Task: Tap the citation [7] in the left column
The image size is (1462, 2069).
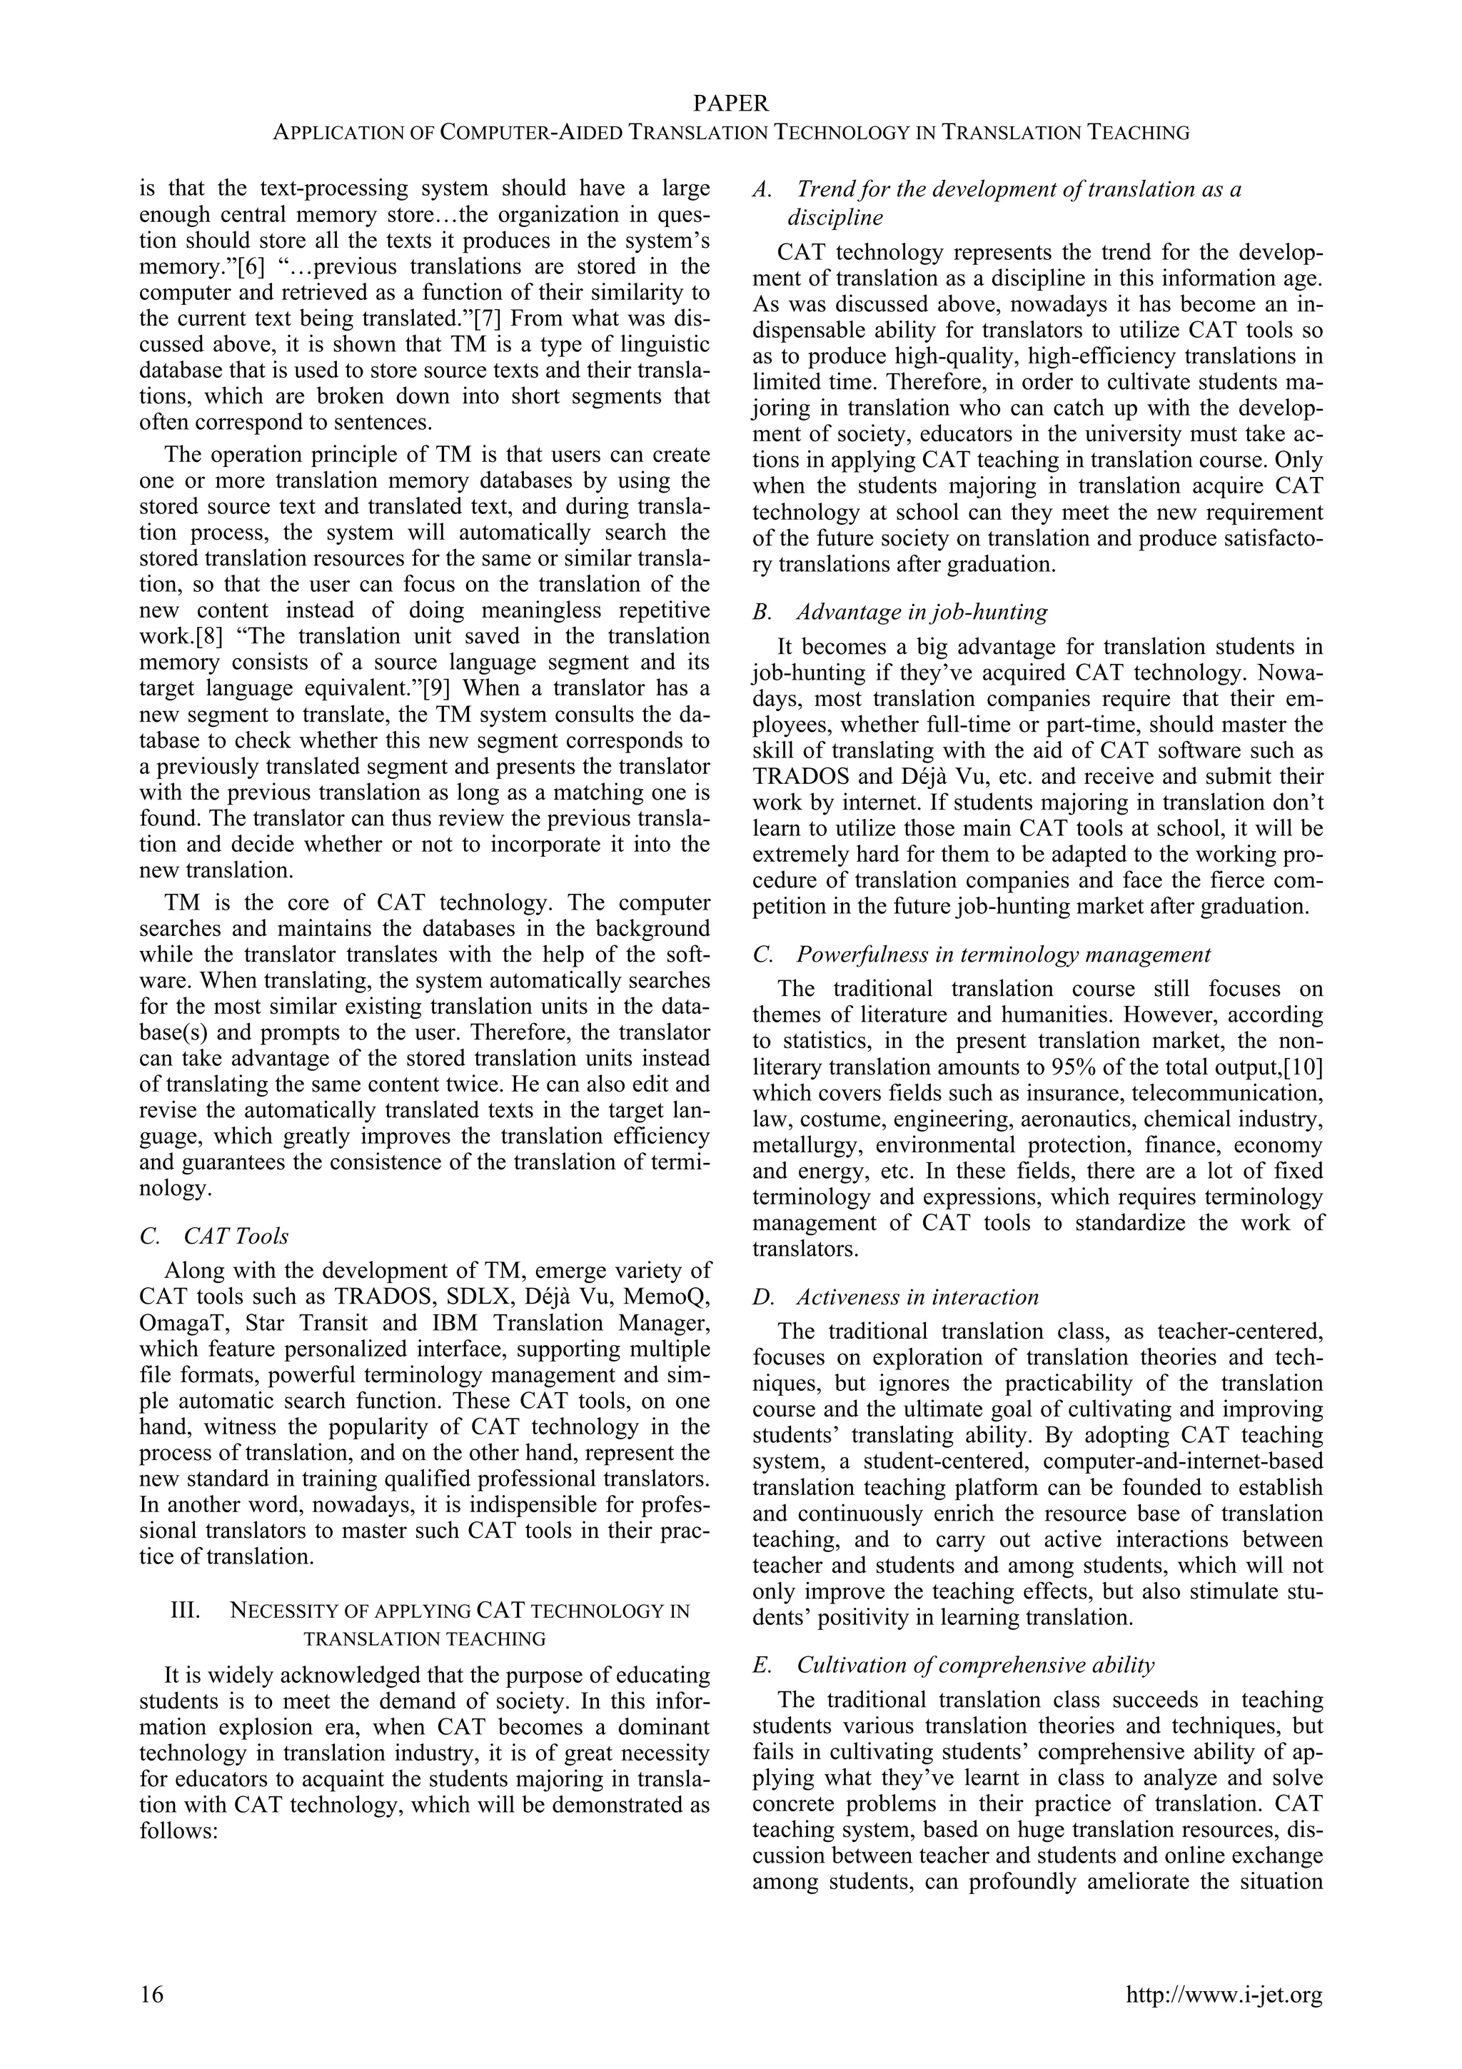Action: pyautogui.click(x=488, y=319)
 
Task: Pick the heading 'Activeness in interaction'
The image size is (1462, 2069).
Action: pyautogui.click(x=916, y=1297)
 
